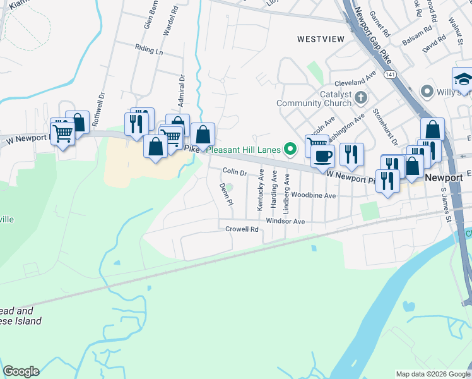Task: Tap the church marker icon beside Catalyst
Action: click(x=361, y=98)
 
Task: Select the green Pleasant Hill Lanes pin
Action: click(x=290, y=150)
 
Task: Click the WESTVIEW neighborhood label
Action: click(x=321, y=39)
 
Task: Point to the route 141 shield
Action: click(x=392, y=75)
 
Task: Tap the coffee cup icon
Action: click(x=322, y=157)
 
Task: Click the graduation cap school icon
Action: click(x=463, y=80)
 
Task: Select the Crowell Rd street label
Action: click(x=242, y=229)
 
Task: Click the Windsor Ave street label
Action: click(x=285, y=221)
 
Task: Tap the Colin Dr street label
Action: click(x=234, y=172)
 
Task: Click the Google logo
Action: click(x=21, y=371)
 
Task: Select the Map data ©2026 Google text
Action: click(x=433, y=374)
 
